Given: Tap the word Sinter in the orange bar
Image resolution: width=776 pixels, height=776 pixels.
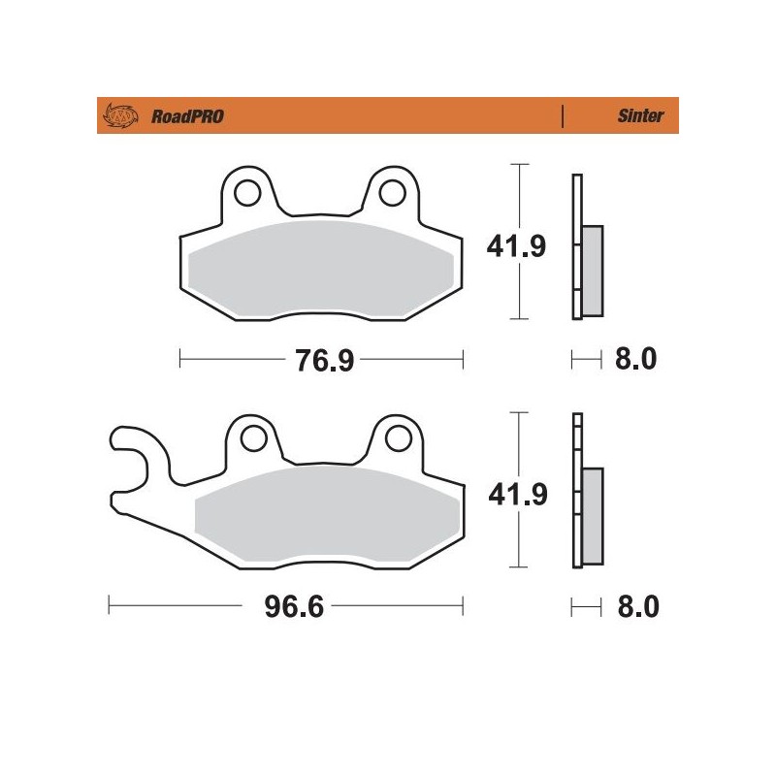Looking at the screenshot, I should coord(640,116).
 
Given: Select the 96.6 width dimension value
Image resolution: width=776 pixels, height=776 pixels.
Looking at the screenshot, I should coord(287,608).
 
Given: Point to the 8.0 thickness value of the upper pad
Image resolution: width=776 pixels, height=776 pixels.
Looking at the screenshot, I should coord(637,360).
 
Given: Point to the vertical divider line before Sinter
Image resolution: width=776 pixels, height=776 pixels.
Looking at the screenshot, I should coord(563,116).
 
